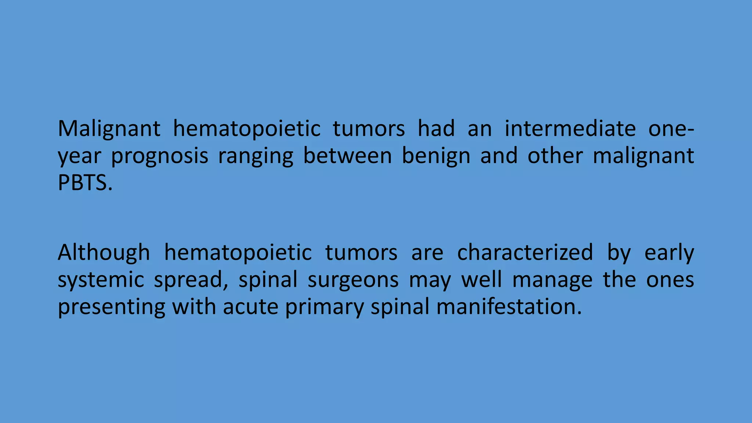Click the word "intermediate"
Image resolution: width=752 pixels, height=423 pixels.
[570, 129]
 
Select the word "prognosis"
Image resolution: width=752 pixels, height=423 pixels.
[159, 156]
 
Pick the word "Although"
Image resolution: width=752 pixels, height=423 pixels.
[104, 253]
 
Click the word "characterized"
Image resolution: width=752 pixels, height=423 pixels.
[525, 253]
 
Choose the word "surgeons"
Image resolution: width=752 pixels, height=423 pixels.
[353, 280]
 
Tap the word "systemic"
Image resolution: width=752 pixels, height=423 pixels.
[101, 280]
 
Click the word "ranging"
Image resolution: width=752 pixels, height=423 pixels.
[256, 156]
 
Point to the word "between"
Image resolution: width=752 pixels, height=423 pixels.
[347, 156]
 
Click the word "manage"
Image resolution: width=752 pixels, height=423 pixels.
[552, 281]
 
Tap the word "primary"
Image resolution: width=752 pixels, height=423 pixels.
[324, 307]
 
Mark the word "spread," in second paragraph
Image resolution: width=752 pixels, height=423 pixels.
[194, 281]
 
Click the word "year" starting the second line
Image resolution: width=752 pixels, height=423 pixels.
[79, 156]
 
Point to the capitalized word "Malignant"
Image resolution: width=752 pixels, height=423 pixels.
[109, 129]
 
